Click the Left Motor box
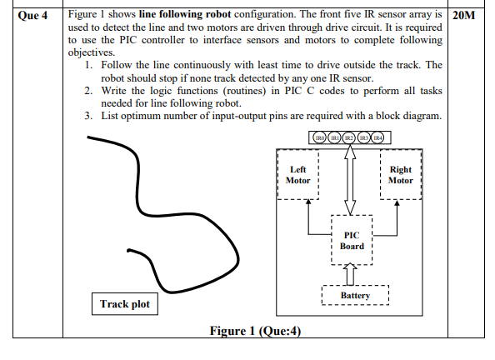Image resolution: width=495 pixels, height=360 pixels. pyautogui.click(x=297, y=175)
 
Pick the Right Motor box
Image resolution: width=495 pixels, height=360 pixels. pyautogui.click(x=401, y=175)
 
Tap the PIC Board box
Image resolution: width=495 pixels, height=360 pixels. pyautogui.click(x=352, y=241)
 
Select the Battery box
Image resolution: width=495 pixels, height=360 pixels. pyautogui.click(x=355, y=296)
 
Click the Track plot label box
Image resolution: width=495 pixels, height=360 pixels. pyautogui.click(x=125, y=304)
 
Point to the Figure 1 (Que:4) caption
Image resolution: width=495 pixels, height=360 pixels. pyautogui.click(x=254, y=331)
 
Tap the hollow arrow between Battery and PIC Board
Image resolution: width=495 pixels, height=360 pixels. pyautogui.click(x=352, y=272)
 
